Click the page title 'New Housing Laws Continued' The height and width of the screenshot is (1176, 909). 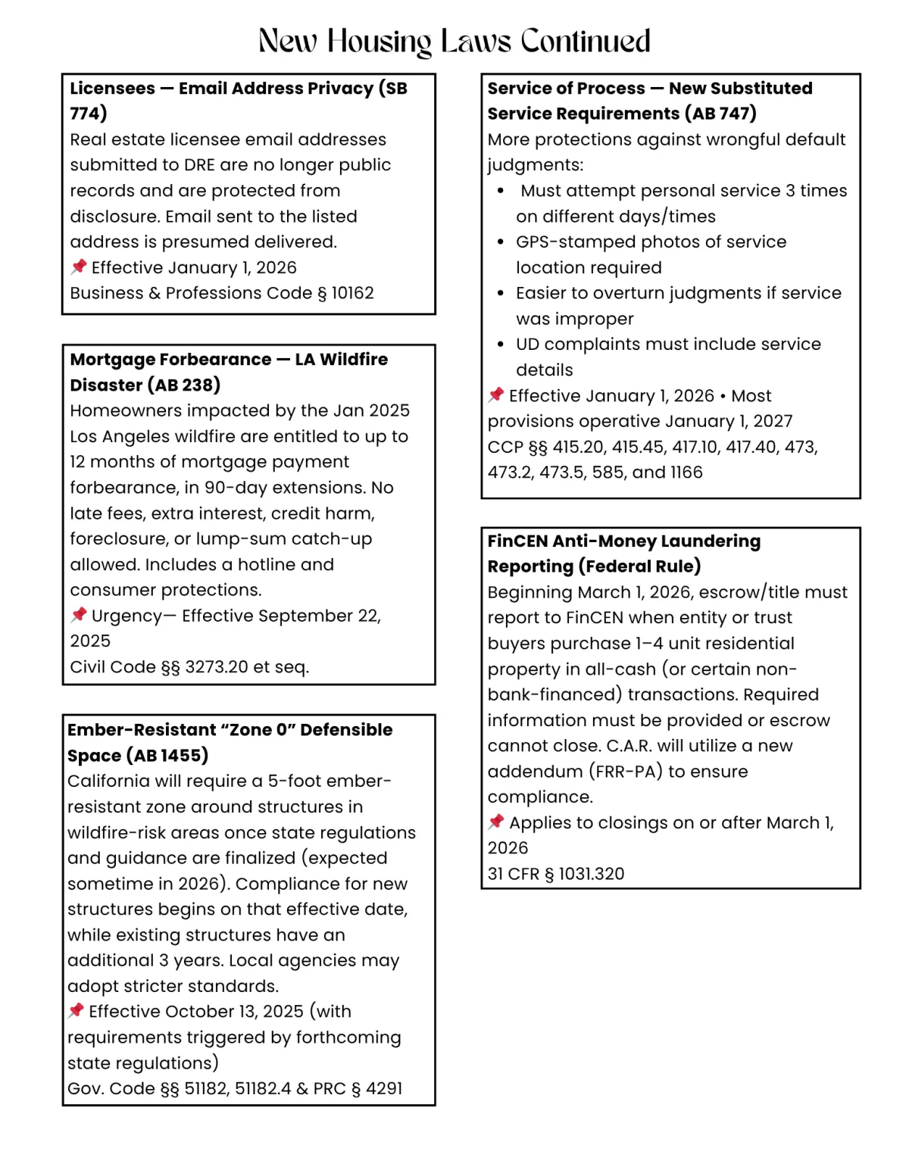454,41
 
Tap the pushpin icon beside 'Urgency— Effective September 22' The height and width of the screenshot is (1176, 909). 78,615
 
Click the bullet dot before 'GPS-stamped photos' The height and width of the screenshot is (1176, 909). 501,242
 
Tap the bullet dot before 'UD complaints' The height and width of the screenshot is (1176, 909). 501,345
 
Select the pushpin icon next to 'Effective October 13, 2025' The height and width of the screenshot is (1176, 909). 76,1011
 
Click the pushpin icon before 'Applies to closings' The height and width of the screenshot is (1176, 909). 496,822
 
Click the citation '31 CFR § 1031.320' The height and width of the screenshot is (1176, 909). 556,874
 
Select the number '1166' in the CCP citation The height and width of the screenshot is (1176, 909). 686,473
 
